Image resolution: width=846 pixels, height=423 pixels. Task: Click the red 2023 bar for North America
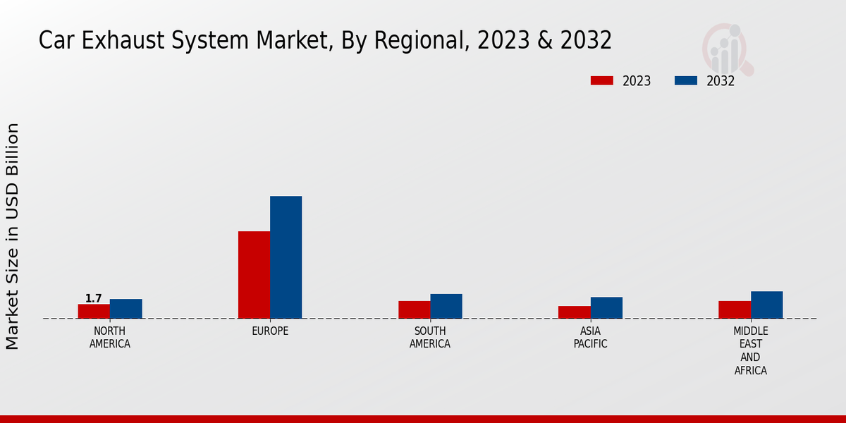94,311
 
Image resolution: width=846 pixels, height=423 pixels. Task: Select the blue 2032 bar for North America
125,309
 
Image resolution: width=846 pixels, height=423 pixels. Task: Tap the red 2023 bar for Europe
254,275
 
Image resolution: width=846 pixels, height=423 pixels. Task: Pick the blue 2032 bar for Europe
286,257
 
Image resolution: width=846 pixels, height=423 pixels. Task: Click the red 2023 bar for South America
414,309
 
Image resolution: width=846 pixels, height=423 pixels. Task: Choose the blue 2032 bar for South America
446,306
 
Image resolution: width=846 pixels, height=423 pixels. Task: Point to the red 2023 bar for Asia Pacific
574,312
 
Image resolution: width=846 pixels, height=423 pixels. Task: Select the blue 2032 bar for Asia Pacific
606,307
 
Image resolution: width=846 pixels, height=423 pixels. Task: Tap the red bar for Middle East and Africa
735,309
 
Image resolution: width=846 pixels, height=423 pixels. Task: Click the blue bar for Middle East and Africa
766,305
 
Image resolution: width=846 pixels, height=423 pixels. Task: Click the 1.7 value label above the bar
94,298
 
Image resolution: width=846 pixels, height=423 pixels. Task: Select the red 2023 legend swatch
601,80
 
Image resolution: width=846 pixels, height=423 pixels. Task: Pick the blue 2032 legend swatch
685,80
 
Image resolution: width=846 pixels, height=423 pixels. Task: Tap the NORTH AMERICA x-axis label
110,338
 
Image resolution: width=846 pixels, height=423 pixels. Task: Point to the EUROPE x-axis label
270,331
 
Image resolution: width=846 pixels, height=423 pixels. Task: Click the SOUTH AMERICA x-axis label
430,338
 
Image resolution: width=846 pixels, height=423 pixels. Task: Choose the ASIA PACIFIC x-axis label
590,338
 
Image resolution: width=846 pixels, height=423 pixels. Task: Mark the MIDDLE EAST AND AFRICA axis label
750,350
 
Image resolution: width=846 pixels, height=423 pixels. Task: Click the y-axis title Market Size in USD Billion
13,236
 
